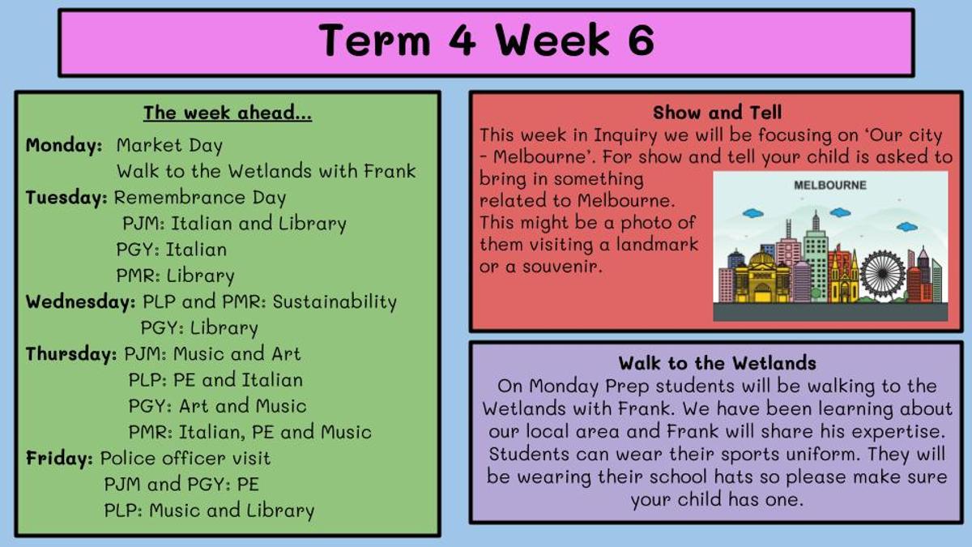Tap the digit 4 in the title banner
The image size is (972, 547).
tap(463, 40)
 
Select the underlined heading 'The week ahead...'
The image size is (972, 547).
tap(228, 113)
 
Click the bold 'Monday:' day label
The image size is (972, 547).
tap(64, 145)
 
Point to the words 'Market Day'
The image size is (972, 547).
tap(169, 145)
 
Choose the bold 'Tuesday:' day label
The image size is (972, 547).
tap(66, 198)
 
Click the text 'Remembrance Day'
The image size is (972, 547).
tap(200, 198)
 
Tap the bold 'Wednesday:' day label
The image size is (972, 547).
tap(81, 301)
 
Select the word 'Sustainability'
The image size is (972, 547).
tap(335, 301)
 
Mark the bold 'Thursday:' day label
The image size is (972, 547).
tap(71, 354)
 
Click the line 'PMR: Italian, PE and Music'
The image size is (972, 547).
tap(250, 432)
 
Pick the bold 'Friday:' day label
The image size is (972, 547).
tap(59, 458)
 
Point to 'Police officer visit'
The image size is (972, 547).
tap(185, 458)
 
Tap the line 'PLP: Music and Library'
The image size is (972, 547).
tap(209, 511)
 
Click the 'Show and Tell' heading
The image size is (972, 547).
tap(718, 113)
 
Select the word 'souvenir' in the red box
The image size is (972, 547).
tap(562, 266)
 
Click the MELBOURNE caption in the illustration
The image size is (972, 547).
tap(830, 185)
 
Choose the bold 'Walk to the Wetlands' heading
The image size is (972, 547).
tap(718, 363)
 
